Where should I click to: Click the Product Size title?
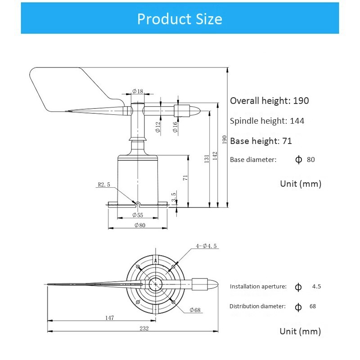click(x=180, y=19)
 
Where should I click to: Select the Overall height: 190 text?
click(x=269, y=101)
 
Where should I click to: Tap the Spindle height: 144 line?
click(x=267, y=121)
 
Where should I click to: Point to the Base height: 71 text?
click(x=261, y=141)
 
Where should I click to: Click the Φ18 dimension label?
click(x=138, y=92)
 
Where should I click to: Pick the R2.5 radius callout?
click(x=104, y=184)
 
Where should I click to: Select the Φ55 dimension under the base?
click(x=138, y=215)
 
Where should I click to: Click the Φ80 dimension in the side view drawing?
click(x=139, y=225)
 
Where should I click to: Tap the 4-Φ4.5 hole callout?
click(x=207, y=246)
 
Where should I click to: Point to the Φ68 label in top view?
click(x=195, y=310)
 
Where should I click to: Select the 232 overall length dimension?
click(x=144, y=328)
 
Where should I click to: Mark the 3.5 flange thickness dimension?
click(x=174, y=197)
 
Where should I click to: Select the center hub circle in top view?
click(x=155, y=283)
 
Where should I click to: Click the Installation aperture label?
click(x=258, y=287)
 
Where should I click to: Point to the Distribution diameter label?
click(x=257, y=306)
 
